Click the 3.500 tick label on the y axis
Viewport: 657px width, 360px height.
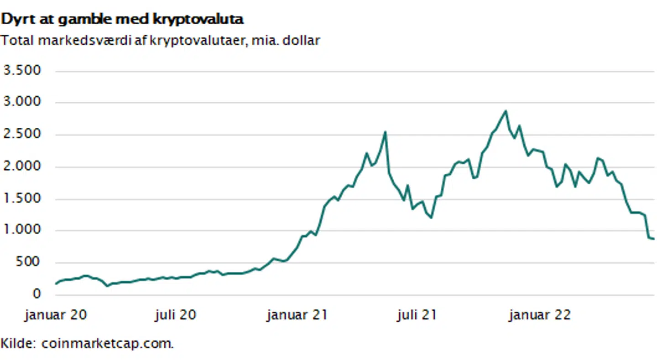(x=22, y=71)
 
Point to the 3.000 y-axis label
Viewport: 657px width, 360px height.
(x=22, y=103)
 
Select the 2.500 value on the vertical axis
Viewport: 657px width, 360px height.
(x=22, y=135)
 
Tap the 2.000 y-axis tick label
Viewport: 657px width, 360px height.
(x=22, y=167)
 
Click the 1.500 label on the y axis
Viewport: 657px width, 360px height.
(x=22, y=199)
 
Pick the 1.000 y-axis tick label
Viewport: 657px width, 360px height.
(x=22, y=231)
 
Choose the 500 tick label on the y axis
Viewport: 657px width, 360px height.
(x=28, y=263)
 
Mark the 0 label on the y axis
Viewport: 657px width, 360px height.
(x=36, y=295)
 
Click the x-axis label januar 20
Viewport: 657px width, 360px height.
(x=56, y=315)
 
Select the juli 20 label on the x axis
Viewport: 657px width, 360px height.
(x=175, y=315)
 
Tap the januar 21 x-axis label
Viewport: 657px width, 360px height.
(x=297, y=315)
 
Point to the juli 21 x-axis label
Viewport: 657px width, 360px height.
(x=416, y=315)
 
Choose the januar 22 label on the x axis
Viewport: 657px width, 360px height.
(x=540, y=315)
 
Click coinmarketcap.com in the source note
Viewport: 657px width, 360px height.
(x=108, y=343)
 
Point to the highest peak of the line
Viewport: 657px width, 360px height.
(x=505, y=111)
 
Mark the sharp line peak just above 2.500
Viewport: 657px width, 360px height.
(x=385, y=132)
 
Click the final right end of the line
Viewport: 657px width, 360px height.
(x=653, y=239)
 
